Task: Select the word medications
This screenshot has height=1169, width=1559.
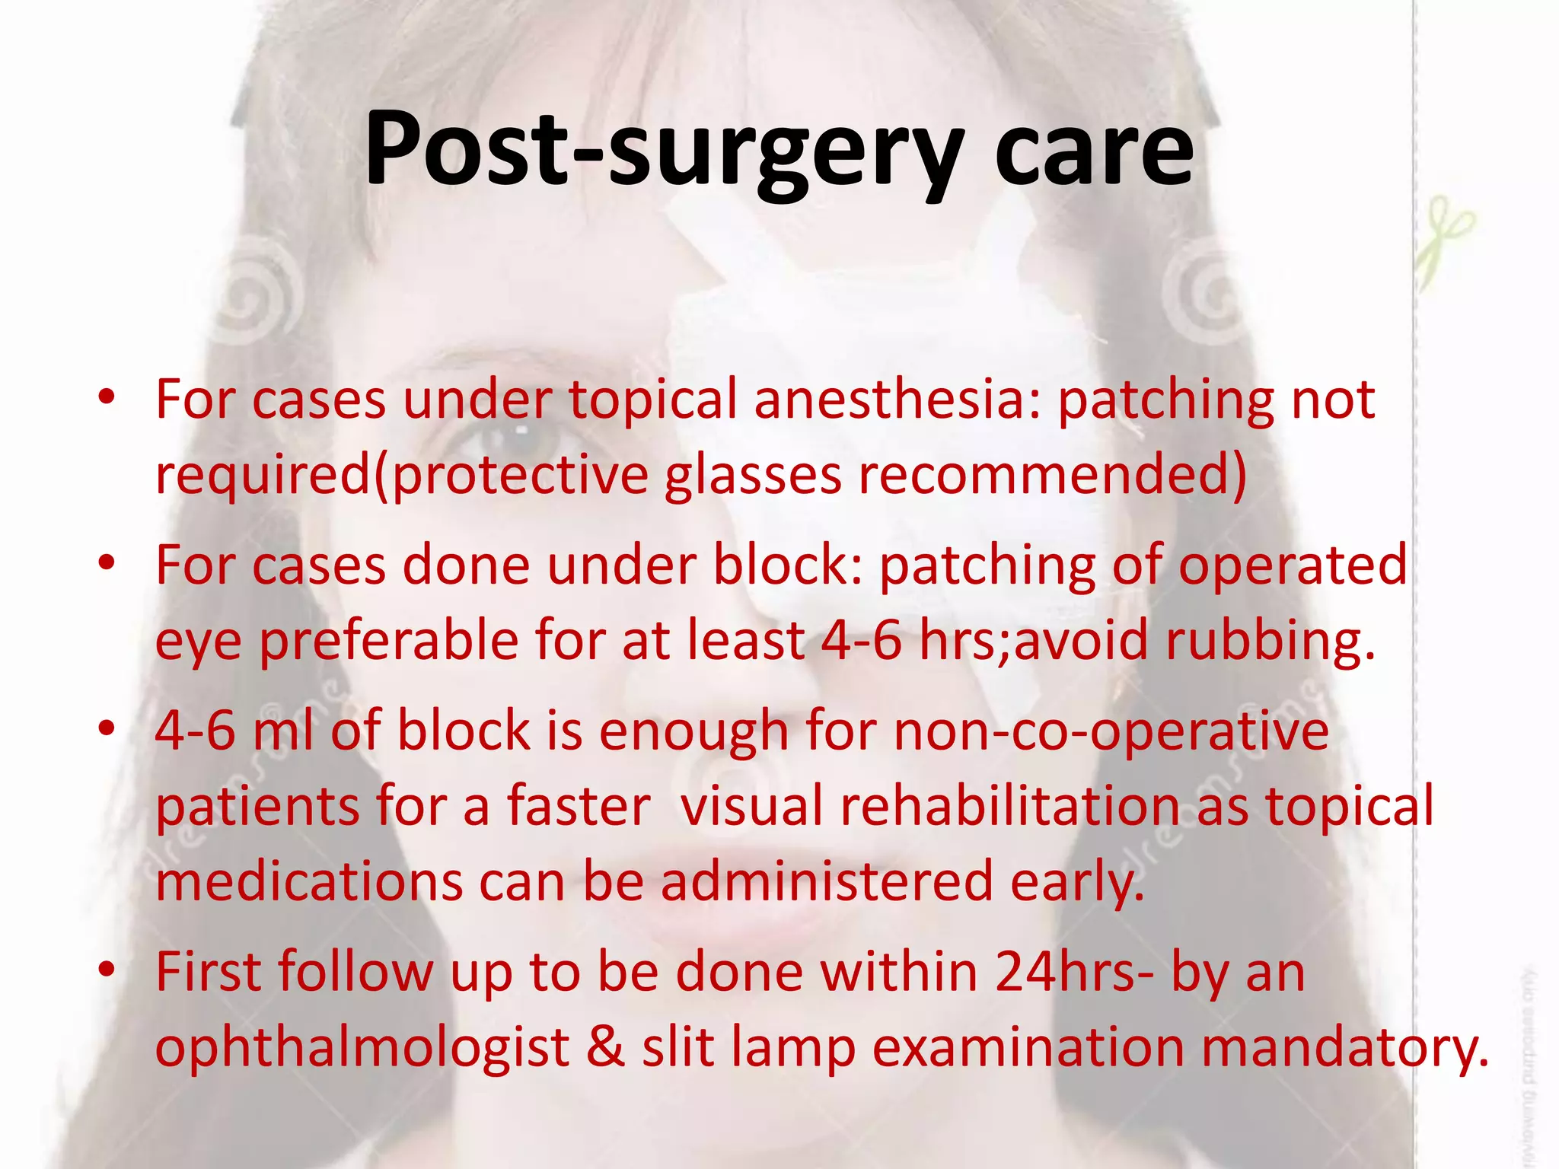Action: pyautogui.click(x=308, y=881)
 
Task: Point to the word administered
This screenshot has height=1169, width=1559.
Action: pyautogui.click(x=827, y=881)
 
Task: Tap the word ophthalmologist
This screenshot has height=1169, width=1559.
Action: pyautogui.click(x=362, y=1047)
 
